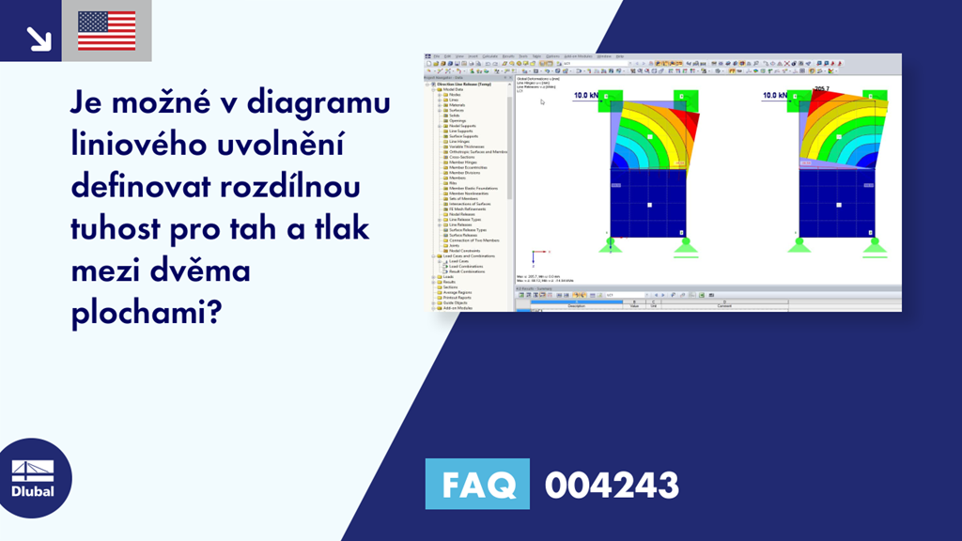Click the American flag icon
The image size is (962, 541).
pos(106,30)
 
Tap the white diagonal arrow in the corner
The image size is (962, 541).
pos(38,38)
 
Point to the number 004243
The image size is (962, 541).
pos(612,486)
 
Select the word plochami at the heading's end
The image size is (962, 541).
pos(144,314)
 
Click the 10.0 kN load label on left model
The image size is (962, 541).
pos(586,95)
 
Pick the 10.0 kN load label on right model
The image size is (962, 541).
pos(776,95)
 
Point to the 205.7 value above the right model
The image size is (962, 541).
pos(821,89)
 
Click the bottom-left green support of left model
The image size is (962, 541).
pos(612,245)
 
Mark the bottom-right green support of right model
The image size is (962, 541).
pos(874,245)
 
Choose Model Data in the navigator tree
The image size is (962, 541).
pos(455,89)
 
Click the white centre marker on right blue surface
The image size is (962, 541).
pos(835,203)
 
